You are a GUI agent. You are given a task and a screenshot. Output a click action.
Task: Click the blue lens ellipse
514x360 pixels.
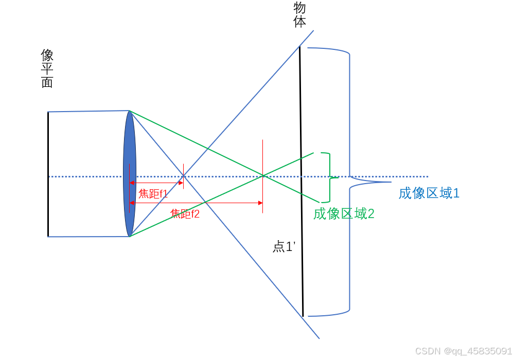click(129, 174)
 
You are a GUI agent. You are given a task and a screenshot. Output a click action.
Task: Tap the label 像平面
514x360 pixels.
click(47, 68)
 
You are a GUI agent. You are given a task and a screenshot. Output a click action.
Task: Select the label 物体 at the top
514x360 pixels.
click(299, 14)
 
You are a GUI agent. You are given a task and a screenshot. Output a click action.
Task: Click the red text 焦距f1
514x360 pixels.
click(153, 194)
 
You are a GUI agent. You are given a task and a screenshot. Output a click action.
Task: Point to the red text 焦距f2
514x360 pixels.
click(185, 214)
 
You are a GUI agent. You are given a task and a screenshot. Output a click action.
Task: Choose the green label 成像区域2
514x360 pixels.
click(344, 213)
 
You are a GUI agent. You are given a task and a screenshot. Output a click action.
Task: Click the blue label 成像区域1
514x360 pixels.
click(429, 193)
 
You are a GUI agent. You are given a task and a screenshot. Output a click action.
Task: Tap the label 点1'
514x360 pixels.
click(283, 247)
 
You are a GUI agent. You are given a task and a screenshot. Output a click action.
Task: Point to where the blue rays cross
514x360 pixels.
click(184, 177)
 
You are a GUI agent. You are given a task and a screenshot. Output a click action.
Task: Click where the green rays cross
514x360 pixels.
click(263, 176)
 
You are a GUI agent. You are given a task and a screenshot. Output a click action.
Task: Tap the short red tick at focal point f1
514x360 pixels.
click(183, 176)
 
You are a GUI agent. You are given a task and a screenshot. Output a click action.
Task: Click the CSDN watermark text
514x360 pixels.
click(463, 351)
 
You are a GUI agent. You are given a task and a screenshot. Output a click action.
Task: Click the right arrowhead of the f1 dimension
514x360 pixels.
click(181, 183)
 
